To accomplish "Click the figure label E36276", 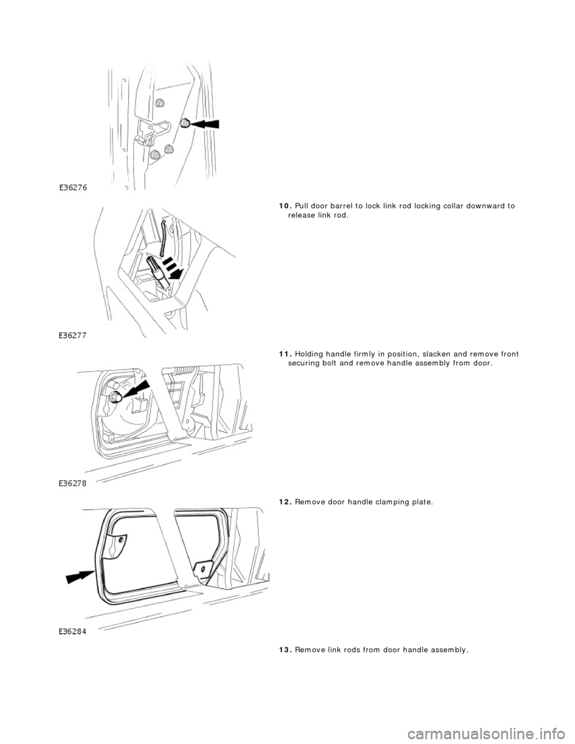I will [x=74, y=187].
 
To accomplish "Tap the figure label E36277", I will [x=74, y=336].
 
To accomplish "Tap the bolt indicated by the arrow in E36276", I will [x=185, y=123].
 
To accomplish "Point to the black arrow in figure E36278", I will [x=134, y=389].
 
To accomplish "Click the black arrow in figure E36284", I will [x=80, y=577].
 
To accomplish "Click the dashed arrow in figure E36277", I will [x=171, y=270].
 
